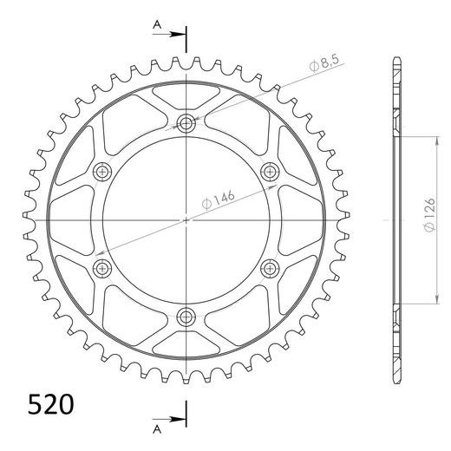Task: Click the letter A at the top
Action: point(156,26)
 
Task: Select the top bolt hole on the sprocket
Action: point(187,122)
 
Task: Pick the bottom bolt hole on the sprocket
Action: point(187,315)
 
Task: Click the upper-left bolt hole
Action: point(104,171)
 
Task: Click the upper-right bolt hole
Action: point(271,171)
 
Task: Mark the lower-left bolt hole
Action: point(104,266)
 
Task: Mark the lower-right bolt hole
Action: point(271,266)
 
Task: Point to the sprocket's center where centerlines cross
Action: point(187,219)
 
